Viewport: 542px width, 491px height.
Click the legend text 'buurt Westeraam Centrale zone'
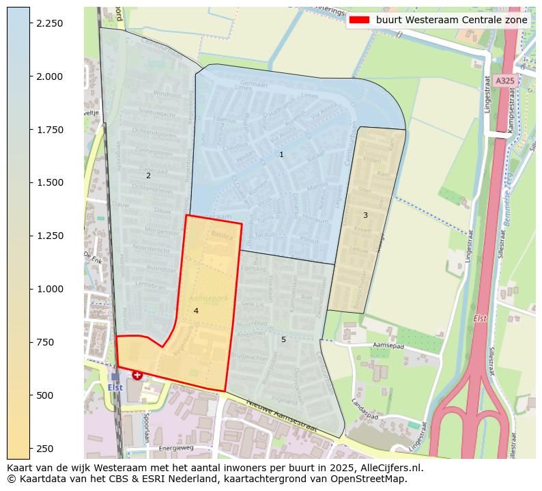[452, 20]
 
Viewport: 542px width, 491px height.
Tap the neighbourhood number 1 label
[281, 155]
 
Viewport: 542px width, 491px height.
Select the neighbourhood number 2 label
[148, 176]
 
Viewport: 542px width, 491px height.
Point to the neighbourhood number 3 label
[365, 215]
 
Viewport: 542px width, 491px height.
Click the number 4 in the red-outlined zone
[196, 311]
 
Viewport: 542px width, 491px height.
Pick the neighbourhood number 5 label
[283, 339]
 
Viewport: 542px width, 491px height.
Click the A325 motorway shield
[505, 81]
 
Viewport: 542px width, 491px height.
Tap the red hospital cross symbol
[137, 375]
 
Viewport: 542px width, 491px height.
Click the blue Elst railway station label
[115, 387]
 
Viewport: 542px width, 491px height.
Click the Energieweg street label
[176, 449]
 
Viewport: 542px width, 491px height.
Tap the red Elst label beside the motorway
[480, 319]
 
